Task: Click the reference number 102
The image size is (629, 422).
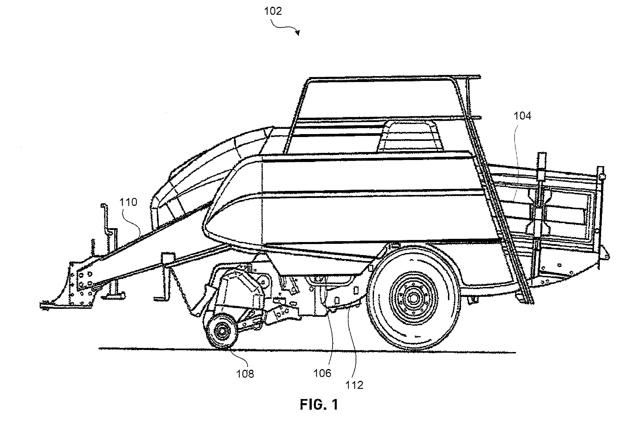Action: pos(273,11)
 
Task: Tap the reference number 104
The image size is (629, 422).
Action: pos(523,116)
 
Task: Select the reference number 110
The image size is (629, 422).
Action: pos(128,202)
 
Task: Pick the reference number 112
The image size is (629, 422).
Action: pos(354,385)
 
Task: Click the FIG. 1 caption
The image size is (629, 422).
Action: pos(319,405)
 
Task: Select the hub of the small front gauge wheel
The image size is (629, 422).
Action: pos(222,331)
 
